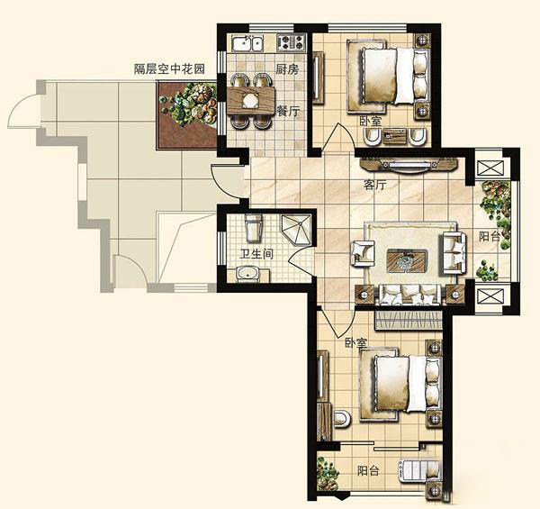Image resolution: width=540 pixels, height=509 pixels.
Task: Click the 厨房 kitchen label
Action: pos(287,69)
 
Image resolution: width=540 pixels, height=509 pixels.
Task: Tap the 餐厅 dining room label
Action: pos(288,111)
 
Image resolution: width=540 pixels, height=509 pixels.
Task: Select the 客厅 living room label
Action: pos(375,185)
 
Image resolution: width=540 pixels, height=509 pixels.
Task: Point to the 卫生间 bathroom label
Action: pos(256,254)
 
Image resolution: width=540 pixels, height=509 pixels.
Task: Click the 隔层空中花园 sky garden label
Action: pos(169,69)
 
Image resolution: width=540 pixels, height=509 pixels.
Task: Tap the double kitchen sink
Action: pos(247,44)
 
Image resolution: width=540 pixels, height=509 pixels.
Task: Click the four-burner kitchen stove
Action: pos(291,42)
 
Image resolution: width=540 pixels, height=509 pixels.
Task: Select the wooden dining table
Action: pos(251,100)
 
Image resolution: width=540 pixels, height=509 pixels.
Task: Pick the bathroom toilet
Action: pos(254,227)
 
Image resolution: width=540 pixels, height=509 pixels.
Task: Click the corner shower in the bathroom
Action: pos(297,230)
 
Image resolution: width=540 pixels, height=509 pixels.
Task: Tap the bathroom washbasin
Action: pos(248,274)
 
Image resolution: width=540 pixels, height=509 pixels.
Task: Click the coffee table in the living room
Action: pos(408,260)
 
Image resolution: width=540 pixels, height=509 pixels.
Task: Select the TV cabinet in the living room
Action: pos(409,164)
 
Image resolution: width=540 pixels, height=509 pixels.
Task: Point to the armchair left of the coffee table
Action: pos(363,253)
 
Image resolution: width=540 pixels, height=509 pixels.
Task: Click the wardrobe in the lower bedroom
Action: pos(409,320)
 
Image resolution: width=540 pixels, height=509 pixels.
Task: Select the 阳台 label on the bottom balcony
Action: pos(368,471)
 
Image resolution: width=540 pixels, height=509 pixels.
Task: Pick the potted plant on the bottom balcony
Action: pos(328,473)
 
